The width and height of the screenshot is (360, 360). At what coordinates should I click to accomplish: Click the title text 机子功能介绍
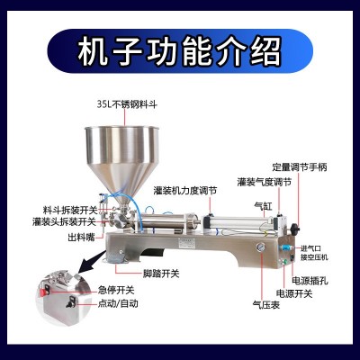tap(180, 49)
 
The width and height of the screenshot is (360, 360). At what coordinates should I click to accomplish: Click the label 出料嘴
tap(78, 238)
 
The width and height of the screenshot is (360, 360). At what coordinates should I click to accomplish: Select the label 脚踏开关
tap(162, 273)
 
